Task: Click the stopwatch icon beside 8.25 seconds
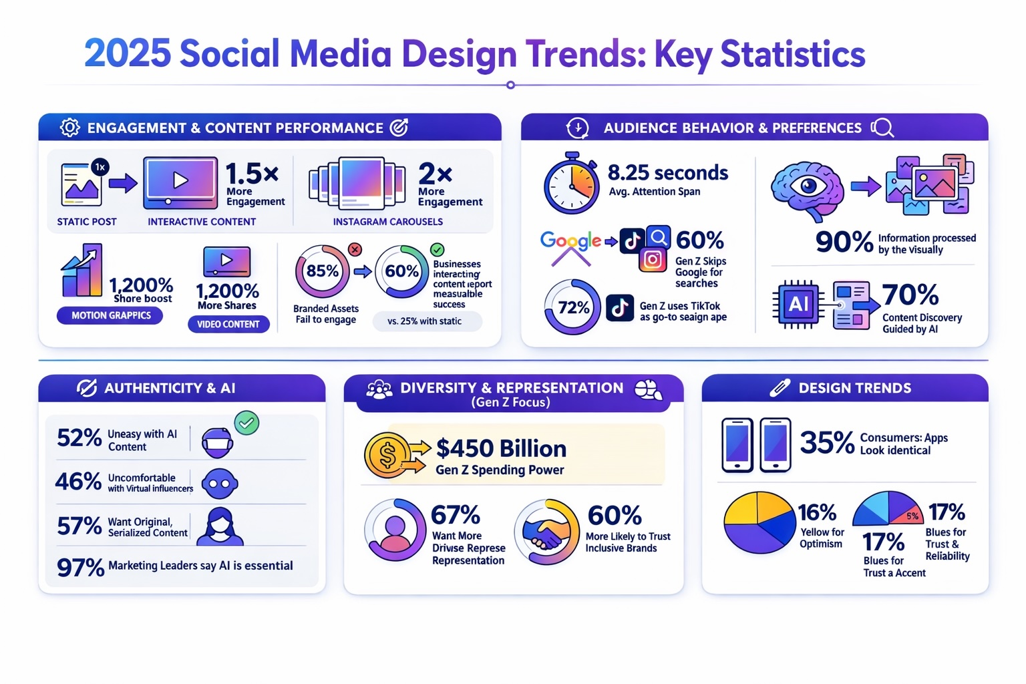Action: tap(571, 184)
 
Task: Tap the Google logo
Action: tap(570, 241)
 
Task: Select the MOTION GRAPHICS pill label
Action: tap(111, 315)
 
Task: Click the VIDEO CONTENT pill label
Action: tap(228, 324)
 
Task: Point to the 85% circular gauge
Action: tap(322, 271)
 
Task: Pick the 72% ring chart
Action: tap(573, 307)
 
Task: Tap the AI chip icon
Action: tap(798, 305)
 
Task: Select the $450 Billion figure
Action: tap(501, 448)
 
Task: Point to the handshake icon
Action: tap(546, 532)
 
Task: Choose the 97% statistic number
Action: tap(80, 567)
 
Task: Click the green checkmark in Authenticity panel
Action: tap(247, 423)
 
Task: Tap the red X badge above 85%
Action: tap(355, 249)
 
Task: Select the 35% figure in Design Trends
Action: tap(827, 442)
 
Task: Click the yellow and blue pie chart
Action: tap(759, 522)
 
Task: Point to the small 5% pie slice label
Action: tap(912, 516)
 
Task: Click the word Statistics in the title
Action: tap(793, 54)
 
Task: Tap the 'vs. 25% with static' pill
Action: tap(425, 321)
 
